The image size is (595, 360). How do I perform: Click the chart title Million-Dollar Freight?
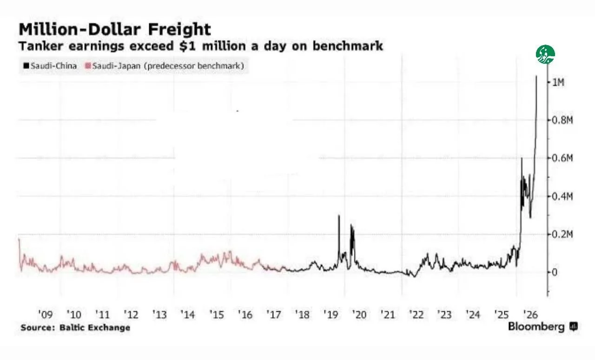point(115,29)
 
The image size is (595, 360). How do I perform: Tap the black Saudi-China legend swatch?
point(26,66)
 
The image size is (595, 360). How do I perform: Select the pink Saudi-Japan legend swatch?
point(88,66)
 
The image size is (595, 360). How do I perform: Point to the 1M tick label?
point(558,82)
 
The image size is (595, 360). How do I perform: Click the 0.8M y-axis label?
point(562,120)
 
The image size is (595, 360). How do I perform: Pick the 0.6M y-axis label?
point(562,158)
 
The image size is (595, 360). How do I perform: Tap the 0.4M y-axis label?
point(562,196)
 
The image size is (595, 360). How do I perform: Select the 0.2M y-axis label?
point(562,234)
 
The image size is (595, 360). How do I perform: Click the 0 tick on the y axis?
point(555,272)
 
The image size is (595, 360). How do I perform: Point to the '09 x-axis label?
point(46,314)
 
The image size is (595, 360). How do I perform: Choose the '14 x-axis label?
point(188,314)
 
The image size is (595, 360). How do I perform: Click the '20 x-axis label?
point(359,314)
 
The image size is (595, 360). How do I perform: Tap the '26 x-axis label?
point(530,314)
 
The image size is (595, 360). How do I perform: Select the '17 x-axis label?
point(274,314)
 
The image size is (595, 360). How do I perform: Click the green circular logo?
point(545,54)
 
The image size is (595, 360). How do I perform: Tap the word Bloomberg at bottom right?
point(536,327)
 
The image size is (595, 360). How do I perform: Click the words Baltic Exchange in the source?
point(95,327)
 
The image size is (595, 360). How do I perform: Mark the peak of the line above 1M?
point(536,76)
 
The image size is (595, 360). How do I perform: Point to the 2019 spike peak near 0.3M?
point(339,215)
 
